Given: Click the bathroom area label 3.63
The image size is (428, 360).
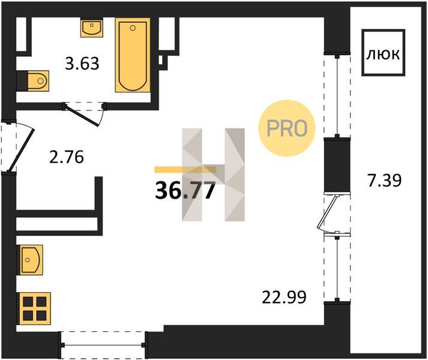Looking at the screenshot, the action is [82, 64].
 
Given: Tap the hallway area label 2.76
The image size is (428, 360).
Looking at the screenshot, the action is [66, 157].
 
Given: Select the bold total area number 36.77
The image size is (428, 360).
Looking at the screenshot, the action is [185, 190].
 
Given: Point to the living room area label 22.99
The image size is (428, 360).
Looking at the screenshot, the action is [284, 297].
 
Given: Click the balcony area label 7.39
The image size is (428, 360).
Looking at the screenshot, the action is [385, 181].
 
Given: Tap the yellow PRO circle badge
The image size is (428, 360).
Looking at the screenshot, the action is [286, 128].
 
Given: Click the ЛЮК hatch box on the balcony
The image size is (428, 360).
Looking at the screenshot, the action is [383, 52].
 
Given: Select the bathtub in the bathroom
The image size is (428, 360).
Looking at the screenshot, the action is [133, 55].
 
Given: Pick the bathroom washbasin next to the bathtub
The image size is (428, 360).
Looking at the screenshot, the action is [92, 28].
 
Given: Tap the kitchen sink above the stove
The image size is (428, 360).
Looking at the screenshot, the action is [30, 260].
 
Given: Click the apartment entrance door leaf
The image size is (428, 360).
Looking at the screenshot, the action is [21, 151].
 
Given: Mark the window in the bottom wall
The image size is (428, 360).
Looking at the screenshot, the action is [103, 345].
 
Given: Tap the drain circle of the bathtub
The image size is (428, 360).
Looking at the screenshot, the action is [133, 28].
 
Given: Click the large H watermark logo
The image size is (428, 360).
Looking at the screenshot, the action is [213, 175].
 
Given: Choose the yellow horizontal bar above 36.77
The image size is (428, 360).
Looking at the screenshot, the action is [185, 170].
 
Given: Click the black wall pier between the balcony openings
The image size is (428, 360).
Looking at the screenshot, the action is [337, 165].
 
